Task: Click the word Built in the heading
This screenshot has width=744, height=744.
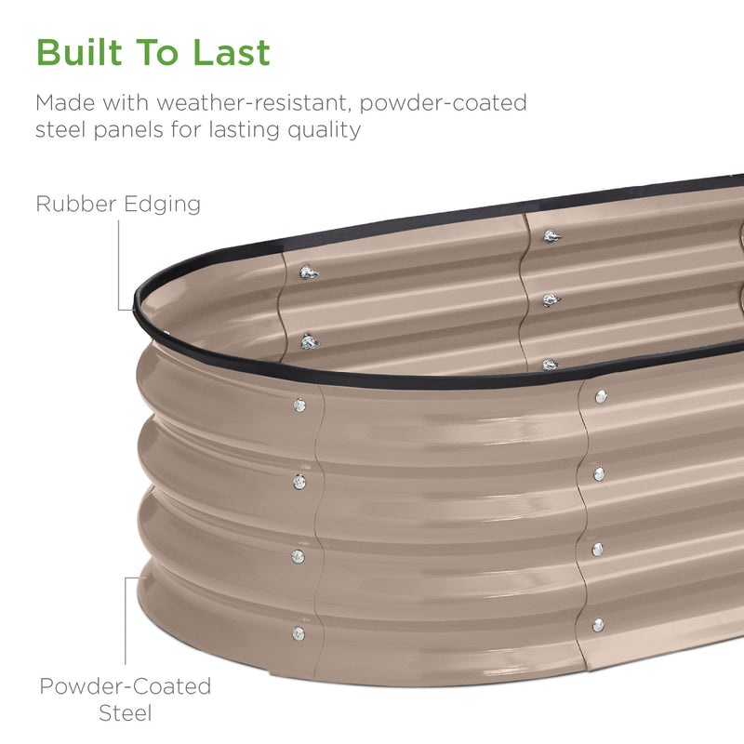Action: (x=79, y=52)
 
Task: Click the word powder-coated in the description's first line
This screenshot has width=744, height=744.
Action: (x=444, y=103)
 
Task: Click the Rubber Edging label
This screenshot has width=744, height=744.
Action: (x=118, y=204)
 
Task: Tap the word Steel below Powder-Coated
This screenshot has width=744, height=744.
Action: (x=126, y=713)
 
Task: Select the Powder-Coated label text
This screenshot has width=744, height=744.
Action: (x=126, y=686)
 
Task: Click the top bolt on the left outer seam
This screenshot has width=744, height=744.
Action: (x=299, y=405)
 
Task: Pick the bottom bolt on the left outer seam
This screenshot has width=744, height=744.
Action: (x=298, y=633)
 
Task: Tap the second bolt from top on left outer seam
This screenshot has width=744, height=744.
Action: (x=299, y=482)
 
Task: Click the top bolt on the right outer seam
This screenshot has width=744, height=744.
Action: (x=601, y=397)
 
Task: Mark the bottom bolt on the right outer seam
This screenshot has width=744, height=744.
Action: (x=598, y=625)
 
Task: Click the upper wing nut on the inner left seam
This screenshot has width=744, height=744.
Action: (x=309, y=272)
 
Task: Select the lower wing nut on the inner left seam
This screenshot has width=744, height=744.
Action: (x=310, y=341)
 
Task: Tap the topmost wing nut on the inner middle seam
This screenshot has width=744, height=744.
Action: (x=551, y=236)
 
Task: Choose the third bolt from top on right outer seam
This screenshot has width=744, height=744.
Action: (x=598, y=550)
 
